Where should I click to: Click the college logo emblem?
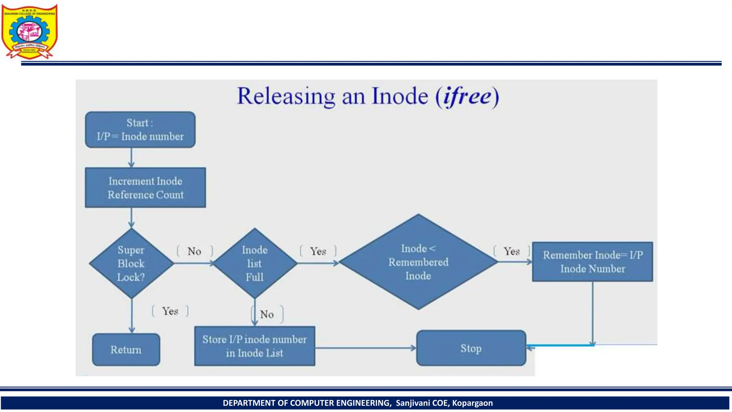(30, 31)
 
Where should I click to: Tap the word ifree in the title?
(467, 96)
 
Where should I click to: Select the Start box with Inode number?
(140, 129)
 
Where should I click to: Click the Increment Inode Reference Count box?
(145, 188)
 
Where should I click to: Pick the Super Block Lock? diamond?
(131, 264)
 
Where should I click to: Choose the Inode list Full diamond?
(254, 264)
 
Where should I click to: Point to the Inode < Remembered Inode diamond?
(418, 262)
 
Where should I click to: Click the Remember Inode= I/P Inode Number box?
(592, 262)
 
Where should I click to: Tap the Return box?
(126, 349)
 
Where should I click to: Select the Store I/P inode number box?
(254, 346)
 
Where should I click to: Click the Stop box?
(471, 348)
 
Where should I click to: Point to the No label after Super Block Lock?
(194, 251)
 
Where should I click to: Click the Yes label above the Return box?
(170, 311)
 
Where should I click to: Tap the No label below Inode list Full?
(267, 314)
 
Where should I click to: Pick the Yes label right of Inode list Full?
(318, 251)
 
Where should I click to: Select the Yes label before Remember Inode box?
(512, 251)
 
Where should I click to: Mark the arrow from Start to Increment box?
(131, 157)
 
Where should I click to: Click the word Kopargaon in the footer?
(472, 403)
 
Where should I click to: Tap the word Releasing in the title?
(286, 96)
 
